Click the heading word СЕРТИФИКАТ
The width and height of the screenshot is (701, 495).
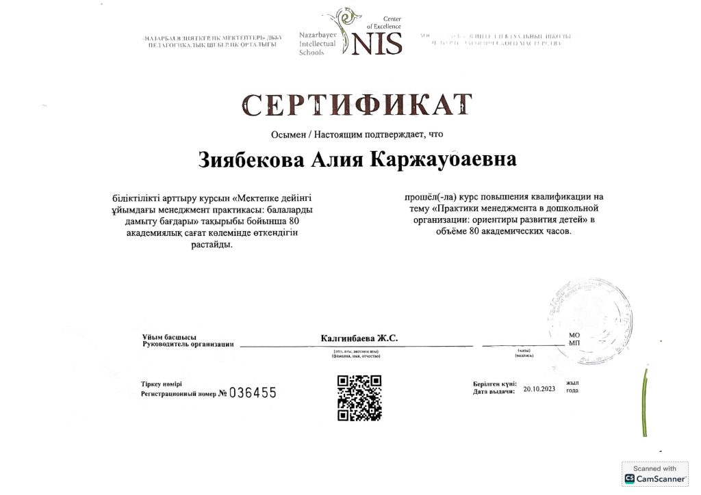(357, 106)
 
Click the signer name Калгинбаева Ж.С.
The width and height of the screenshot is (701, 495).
(359, 338)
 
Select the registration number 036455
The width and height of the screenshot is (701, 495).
(253, 392)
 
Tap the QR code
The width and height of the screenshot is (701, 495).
(359, 397)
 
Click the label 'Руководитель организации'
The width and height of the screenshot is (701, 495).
(188, 344)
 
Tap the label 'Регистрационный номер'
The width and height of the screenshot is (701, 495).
(179, 394)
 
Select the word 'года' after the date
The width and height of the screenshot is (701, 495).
(572, 390)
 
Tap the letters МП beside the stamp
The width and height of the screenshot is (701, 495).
(574, 343)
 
